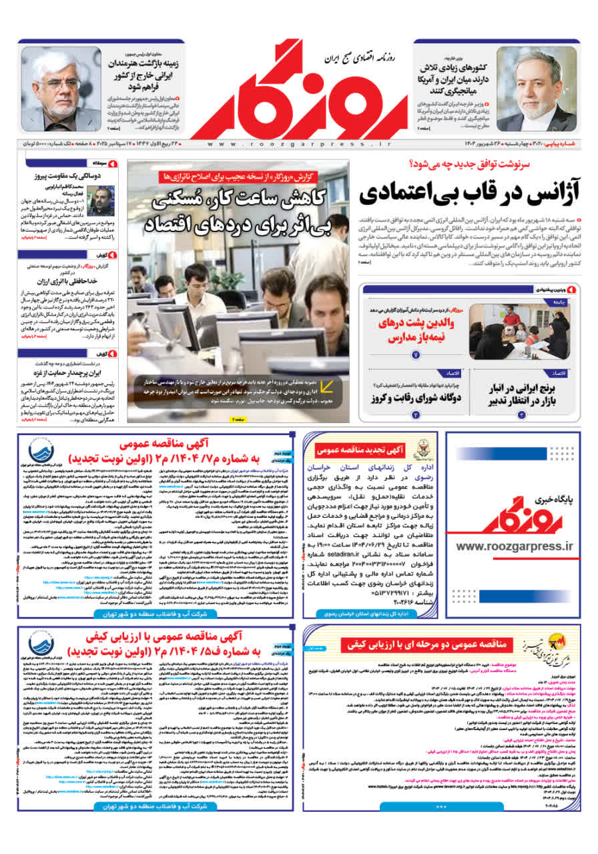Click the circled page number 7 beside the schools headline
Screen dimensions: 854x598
[x=416, y=354]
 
